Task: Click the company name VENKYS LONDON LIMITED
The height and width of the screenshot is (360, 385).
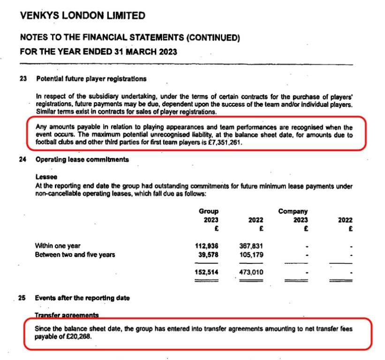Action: pyautogui.click(x=83, y=16)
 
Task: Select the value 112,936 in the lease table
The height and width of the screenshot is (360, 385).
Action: pyautogui.click(x=206, y=246)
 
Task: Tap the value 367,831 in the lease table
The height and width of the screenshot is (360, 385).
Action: pyautogui.click(x=251, y=246)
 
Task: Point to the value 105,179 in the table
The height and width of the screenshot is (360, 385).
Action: pyautogui.click(x=251, y=255)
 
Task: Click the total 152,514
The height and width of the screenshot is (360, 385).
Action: pyautogui.click(x=206, y=271)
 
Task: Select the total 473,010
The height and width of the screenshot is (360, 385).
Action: pyautogui.click(x=251, y=271)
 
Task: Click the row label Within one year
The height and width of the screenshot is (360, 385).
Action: pyautogui.click(x=58, y=246)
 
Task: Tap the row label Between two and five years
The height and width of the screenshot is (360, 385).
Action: pyautogui.click(x=75, y=255)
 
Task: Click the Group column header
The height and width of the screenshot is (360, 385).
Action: pyautogui.click(x=208, y=211)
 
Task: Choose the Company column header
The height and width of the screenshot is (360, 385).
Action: pyautogui.click(x=293, y=211)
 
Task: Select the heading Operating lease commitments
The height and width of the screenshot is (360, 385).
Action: pyautogui.click(x=82, y=159)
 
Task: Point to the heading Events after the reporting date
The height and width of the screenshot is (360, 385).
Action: pyautogui.click(x=83, y=298)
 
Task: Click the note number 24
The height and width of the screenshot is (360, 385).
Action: pyautogui.click(x=23, y=159)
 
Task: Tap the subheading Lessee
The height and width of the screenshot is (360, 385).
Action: pyautogui.click(x=46, y=177)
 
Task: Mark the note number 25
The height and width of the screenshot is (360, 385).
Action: pyautogui.click(x=23, y=298)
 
